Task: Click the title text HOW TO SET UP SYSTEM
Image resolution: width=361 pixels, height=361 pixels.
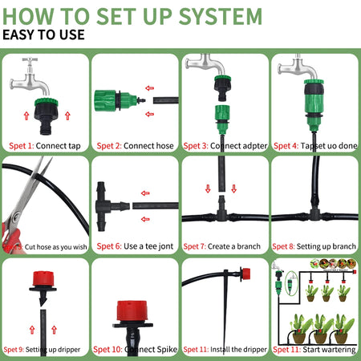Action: coord(132,15)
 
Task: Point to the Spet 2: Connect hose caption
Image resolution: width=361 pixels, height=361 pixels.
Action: coord(135,145)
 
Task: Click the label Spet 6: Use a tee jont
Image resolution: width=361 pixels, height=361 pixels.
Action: coord(135,247)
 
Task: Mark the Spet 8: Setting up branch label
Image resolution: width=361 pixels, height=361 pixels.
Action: coord(314,247)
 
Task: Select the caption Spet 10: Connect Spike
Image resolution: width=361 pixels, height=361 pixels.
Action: coord(135,350)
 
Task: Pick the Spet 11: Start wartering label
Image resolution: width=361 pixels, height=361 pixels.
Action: coord(314,350)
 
